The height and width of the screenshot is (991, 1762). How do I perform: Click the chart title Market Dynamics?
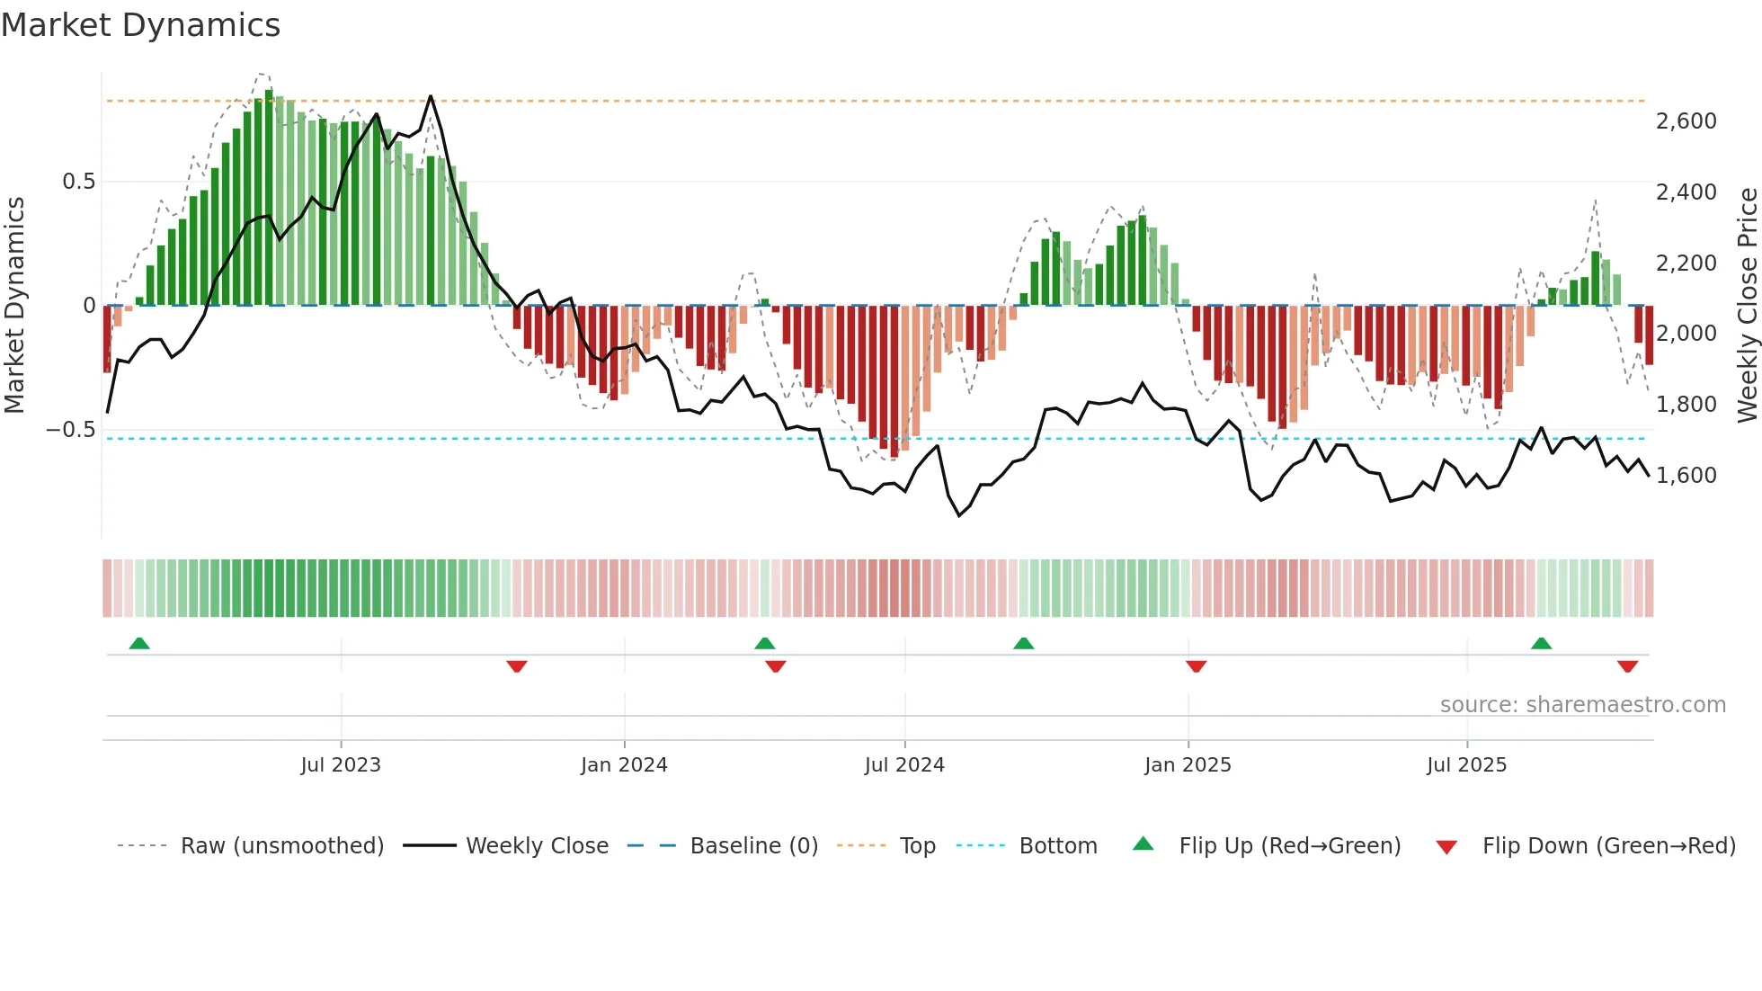pos(140,25)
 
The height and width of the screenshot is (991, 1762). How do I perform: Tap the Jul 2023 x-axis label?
pos(341,765)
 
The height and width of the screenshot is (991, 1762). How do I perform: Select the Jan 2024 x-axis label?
pos(624,765)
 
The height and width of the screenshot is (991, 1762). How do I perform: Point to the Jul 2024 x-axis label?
pos(904,765)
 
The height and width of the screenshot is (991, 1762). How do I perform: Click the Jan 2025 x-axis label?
pos(1188,765)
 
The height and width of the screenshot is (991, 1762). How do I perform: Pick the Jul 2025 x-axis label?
pos(1466,765)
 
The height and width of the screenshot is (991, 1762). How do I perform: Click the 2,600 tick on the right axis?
pos(1686,121)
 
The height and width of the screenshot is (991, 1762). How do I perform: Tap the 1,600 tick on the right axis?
pos(1686,476)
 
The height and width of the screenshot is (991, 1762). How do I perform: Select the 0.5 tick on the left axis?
pos(78,182)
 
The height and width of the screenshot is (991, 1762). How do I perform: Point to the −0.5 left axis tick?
pos(71,430)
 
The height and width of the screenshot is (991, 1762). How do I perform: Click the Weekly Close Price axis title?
pos(1747,305)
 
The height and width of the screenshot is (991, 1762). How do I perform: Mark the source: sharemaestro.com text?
pos(1582,705)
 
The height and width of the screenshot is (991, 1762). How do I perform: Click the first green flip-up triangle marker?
pos(139,644)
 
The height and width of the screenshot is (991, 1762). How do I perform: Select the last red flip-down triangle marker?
pos(1627,666)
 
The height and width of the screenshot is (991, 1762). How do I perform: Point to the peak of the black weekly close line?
pos(431,96)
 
